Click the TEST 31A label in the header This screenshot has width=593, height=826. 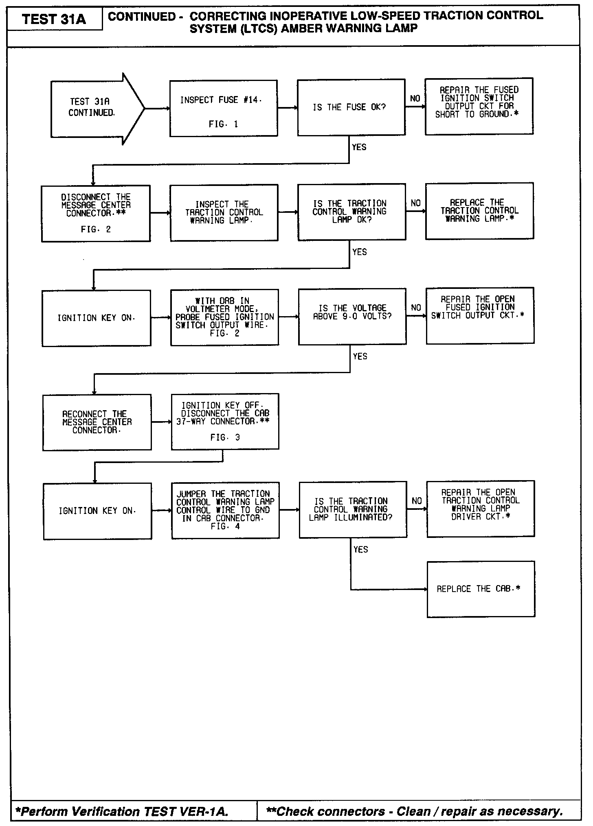(54, 19)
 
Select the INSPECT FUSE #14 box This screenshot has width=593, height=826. (223, 108)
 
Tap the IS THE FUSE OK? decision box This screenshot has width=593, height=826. (351, 107)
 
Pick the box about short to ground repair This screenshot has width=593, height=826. (479, 106)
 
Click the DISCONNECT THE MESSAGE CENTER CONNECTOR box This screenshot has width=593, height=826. (96, 213)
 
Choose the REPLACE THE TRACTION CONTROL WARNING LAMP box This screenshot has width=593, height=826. (479, 211)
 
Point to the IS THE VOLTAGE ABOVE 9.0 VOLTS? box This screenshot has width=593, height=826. (352, 317)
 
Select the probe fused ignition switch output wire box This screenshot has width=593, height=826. (224, 317)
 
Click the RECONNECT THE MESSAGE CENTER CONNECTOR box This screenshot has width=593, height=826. (97, 422)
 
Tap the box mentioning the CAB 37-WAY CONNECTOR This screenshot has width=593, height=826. (225, 421)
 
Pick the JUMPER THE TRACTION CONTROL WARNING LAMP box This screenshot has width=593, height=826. (225, 510)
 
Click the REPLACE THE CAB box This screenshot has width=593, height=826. (481, 589)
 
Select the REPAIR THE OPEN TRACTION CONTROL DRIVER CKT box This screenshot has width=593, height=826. (481, 509)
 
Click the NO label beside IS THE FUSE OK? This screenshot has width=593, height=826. (415, 98)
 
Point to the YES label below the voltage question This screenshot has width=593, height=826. (360, 356)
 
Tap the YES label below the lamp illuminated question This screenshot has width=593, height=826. (360, 550)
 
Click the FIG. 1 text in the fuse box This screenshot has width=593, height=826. (223, 125)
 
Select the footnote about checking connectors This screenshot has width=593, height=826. (414, 811)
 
